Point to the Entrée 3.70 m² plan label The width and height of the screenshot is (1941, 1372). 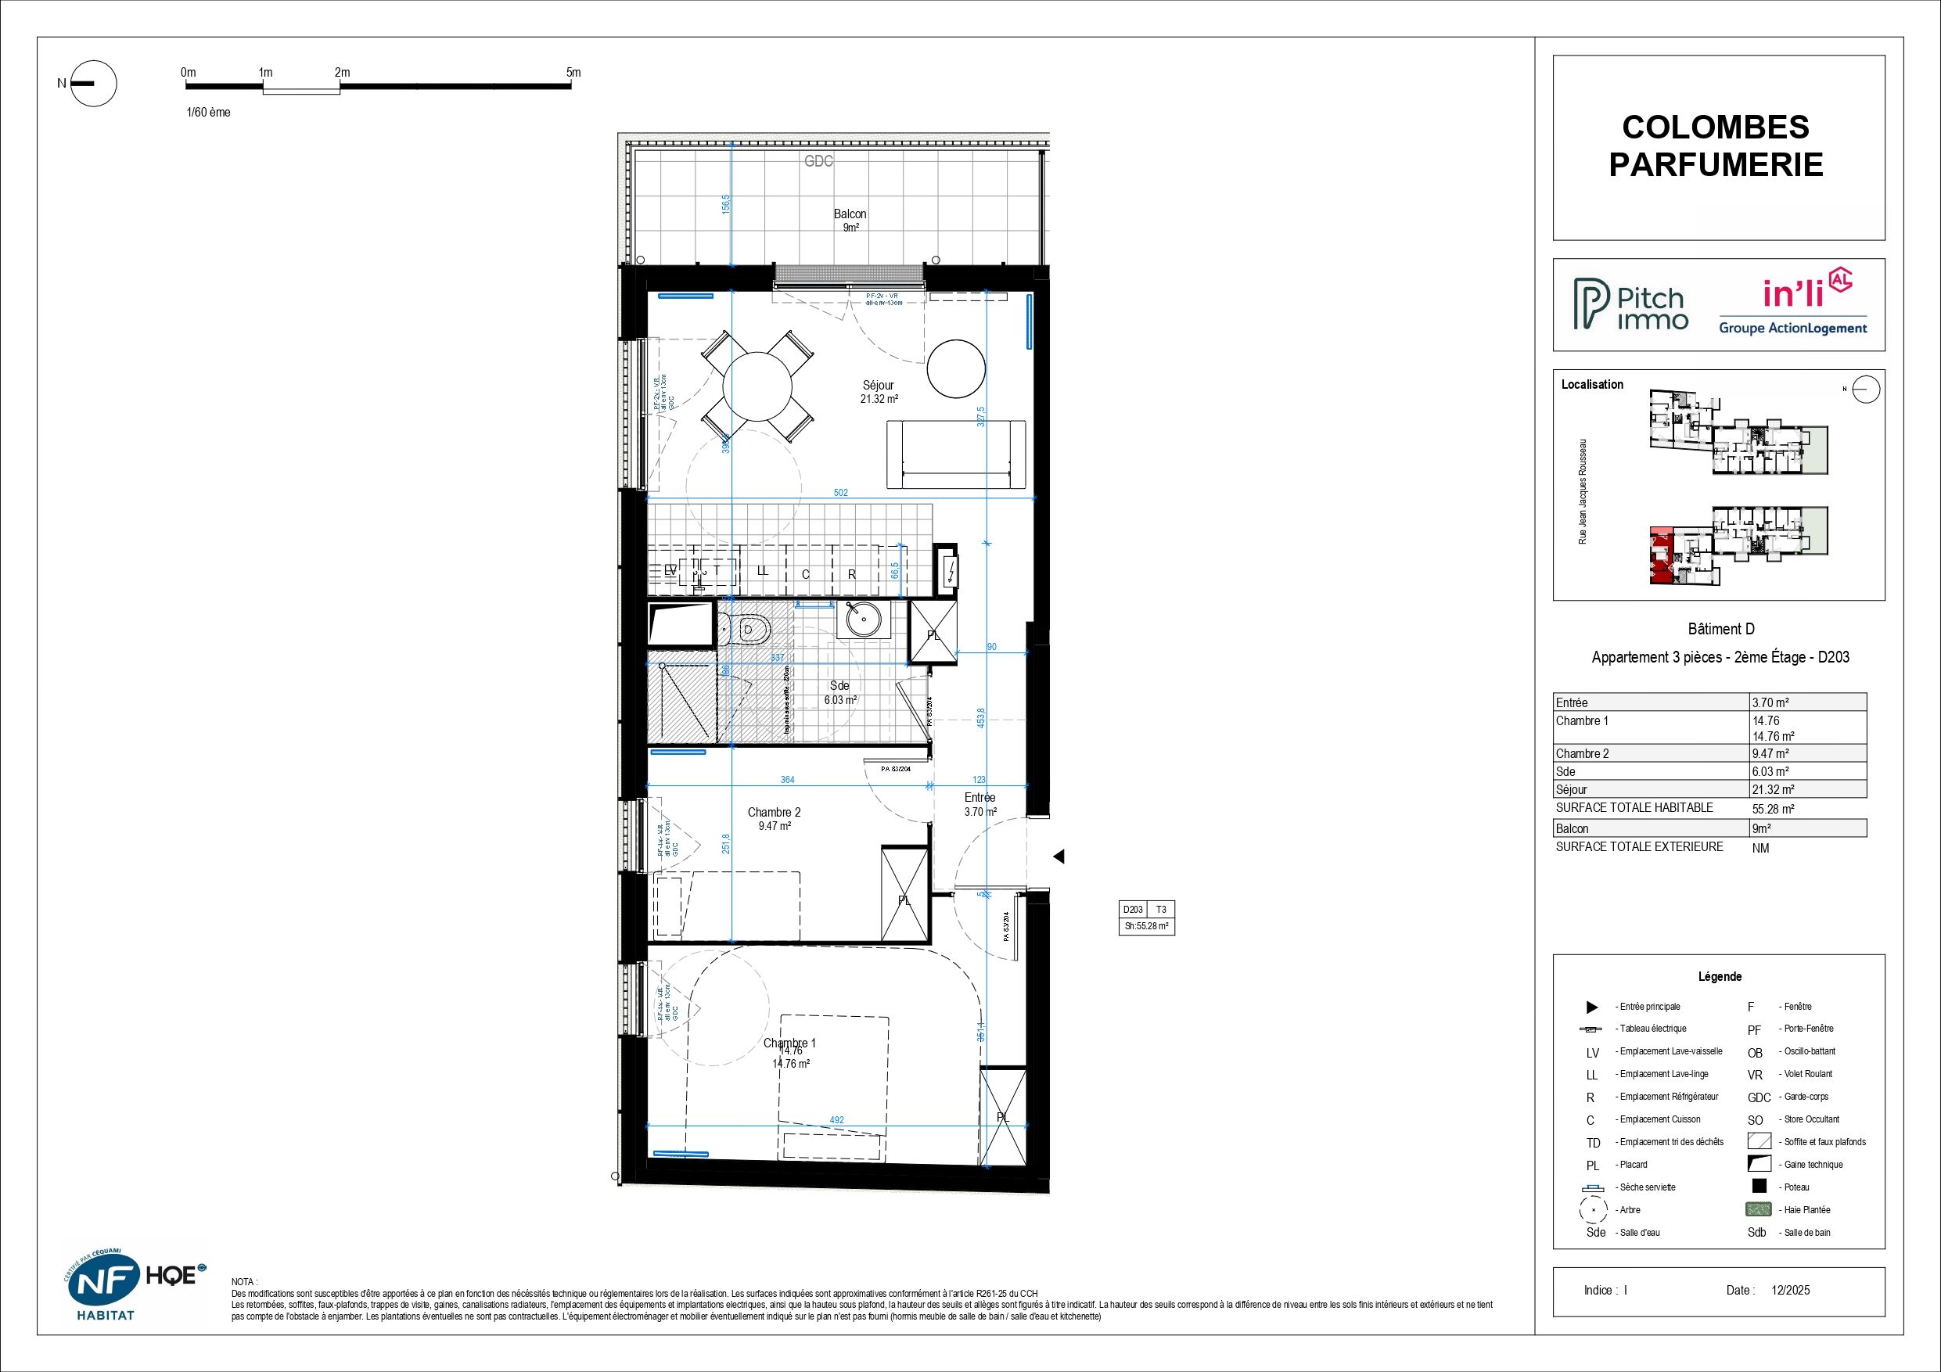coord(979,804)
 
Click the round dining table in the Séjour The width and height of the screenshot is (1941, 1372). coord(757,386)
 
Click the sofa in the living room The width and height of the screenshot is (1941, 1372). coord(955,454)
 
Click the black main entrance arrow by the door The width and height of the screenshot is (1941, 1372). coord(1058,857)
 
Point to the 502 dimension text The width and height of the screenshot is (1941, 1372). coord(840,493)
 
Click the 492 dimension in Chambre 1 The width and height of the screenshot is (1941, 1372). coord(836,1120)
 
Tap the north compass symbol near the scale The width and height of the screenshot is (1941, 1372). coord(92,84)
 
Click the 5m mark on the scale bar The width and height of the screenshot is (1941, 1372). coord(573,74)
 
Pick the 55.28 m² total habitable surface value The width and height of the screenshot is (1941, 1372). coord(1773,809)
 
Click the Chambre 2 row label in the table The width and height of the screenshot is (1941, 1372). coord(1582,753)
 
